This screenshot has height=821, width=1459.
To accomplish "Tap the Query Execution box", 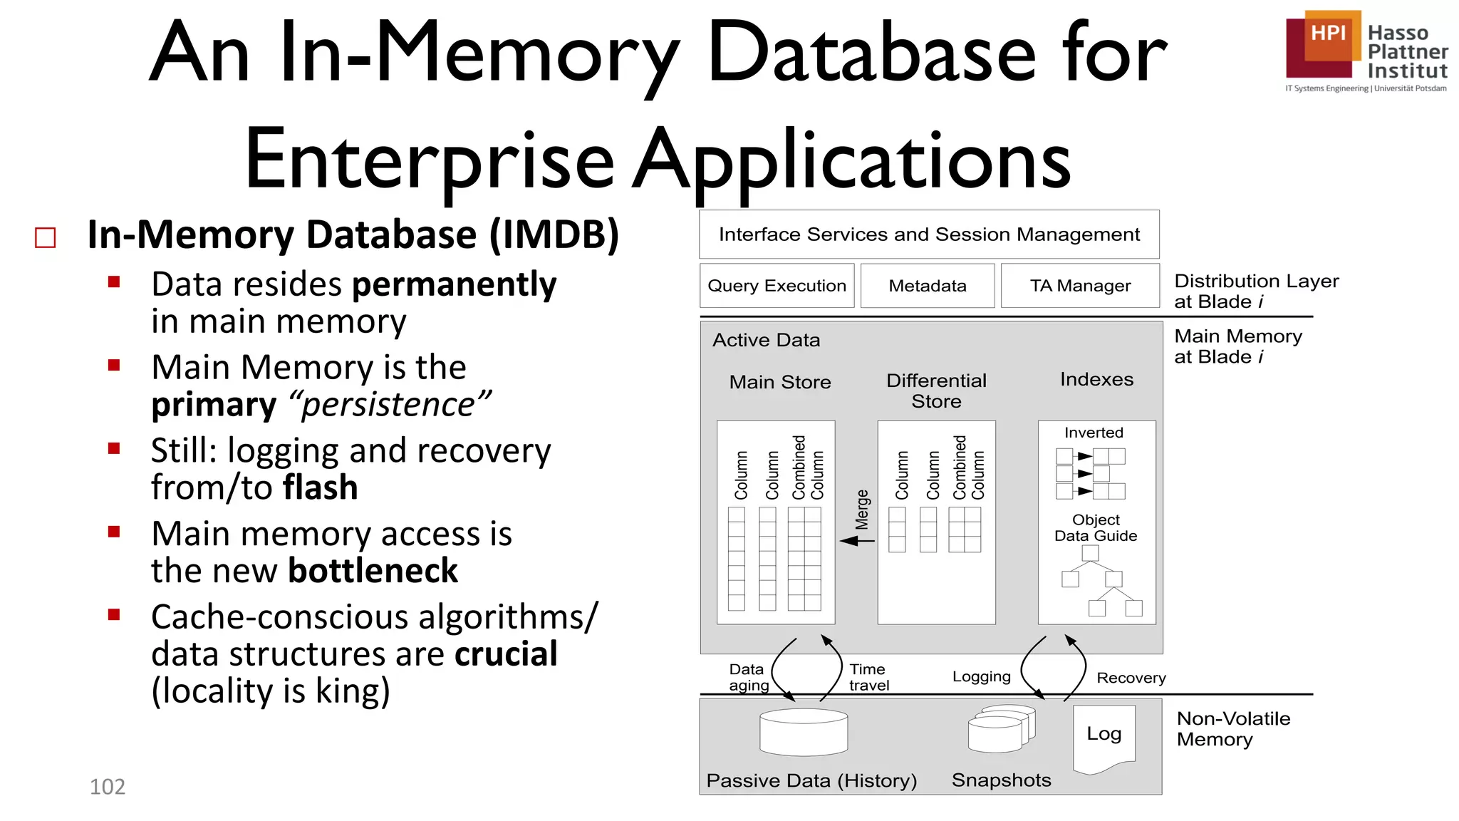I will click(777, 286).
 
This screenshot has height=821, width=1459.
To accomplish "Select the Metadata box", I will click(927, 286).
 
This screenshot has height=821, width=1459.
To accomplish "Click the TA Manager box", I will click(1080, 286).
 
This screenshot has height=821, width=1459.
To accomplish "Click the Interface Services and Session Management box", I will click(929, 234).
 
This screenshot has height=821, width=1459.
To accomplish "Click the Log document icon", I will click(1104, 737).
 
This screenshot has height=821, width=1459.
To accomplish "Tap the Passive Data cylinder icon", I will click(804, 733).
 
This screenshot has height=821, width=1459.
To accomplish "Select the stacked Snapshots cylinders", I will click(1001, 728).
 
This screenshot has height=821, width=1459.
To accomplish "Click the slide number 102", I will click(108, 787).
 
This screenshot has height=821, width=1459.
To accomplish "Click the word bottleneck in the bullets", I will click(373, 571).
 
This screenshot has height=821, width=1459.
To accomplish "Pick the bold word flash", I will click(321, 487).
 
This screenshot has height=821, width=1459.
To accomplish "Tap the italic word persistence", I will click(389, 405).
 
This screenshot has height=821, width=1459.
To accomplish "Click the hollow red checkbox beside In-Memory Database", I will click(46, 237).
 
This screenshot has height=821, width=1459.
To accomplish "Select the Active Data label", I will click(766, 340).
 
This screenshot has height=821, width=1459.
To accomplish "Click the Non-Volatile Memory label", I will click(1232, 728).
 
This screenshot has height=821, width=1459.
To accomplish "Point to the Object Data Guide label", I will click(1096, 527).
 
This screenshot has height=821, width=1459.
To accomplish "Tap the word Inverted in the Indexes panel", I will click(1094, 433).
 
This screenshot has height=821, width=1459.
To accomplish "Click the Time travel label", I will click(868, 677).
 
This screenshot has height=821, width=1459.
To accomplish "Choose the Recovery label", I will click(1131, 678).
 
